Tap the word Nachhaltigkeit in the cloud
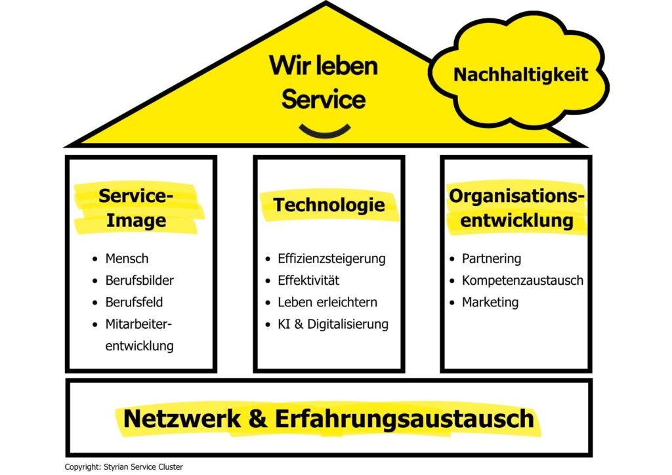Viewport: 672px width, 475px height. (x=520, y=75)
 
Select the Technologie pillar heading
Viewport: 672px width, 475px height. (x=329, y=205)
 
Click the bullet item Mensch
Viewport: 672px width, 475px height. (x=127, y=258)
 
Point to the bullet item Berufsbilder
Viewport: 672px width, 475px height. (x=140, y=280)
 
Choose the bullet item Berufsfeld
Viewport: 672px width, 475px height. (x=134, y=302)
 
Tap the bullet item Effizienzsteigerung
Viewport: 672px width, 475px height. (x=331, y=258)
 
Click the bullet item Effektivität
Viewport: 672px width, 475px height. (x=308, y=280)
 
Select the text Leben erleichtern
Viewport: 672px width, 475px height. (x=327, y=302)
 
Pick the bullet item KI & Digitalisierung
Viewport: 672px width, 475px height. (x=333, y=324)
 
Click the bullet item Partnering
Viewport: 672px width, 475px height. (x=492, y=258)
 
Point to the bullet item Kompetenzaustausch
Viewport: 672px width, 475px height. (x=523, y=281)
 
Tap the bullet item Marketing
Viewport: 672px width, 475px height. (x=490, y=302)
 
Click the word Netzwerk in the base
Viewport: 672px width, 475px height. (x=182, y=419)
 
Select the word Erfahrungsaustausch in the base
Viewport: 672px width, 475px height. (x=404, y=419)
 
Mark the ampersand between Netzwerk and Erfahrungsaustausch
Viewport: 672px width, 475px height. (x=258, y=419)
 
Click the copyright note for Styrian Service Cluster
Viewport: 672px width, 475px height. (x=124, y=467)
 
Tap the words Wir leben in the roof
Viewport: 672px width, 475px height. (x=324, y=66)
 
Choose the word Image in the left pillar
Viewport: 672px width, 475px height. (x=136, y=221)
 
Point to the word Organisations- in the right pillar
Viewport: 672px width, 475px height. (x=517, y=196)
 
